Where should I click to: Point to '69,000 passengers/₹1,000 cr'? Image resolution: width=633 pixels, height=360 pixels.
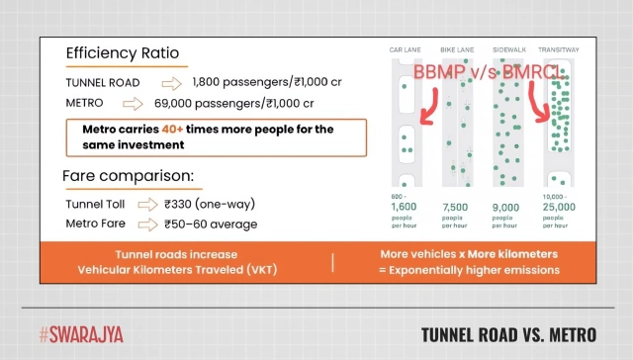click(234, 102)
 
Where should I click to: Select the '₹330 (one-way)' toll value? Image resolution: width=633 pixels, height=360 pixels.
click(209, 204)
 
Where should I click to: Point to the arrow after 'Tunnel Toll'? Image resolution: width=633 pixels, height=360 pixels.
click(148, 204)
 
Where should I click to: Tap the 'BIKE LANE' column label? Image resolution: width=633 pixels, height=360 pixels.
click(458, 49)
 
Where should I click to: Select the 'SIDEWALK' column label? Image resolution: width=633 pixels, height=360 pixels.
click(507, 49)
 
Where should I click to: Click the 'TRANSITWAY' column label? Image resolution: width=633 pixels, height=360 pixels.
click(559, 49)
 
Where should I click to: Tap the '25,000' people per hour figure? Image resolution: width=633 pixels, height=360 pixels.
click(561, 208)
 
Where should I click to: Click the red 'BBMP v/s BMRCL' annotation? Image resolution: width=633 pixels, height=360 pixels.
click(490, 74)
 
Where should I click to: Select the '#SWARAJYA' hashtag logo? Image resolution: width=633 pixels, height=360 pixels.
click(81, 333)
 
